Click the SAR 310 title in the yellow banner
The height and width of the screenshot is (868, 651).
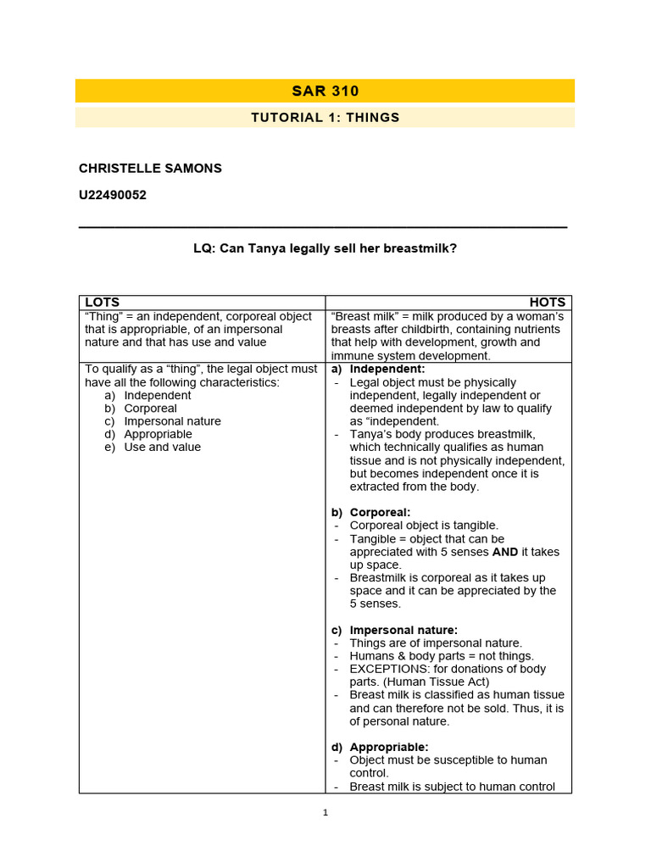[x=325, y=91]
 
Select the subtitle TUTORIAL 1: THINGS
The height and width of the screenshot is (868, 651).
[x=325, y=117]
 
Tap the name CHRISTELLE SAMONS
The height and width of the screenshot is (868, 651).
[x=150, y=168]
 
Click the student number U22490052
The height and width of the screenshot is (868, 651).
[x=113, y=195]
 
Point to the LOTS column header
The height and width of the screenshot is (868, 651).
[x=102, y=302]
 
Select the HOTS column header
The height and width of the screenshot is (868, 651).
[x=548, y=302]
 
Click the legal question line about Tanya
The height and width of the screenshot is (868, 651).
[x=325, y=249]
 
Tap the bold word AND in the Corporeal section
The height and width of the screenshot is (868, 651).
[x=505, y=552]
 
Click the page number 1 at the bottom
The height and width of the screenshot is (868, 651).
[x=325, y=813]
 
